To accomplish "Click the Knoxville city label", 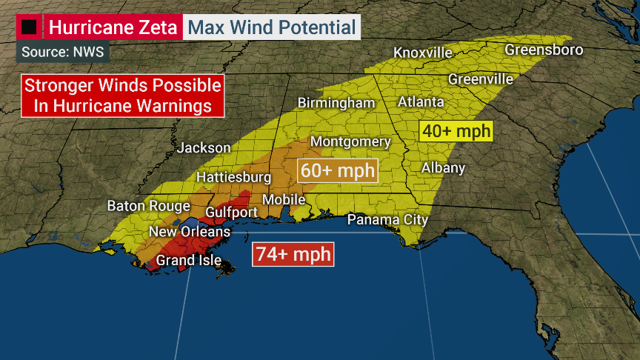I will pos(423,53).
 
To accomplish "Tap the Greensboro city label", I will pos(544,50).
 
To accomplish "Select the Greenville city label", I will pos(481,79).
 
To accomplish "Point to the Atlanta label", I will pos(421,101).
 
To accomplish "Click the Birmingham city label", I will pos(336,103).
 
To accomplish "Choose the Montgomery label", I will pos(350,141).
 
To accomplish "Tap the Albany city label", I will pos(443,167).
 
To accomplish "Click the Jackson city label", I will pos(204,148).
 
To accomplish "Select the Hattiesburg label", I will pos(233,178).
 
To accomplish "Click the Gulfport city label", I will pos(232,212).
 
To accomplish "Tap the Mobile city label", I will pos(284,199).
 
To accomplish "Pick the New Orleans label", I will pos(190,232).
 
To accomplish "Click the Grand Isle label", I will pos(188,260).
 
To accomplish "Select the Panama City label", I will pos(388,219).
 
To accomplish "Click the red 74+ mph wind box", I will pos(293,254).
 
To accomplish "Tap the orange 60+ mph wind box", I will pos(338,170).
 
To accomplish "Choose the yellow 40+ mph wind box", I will pos(456,131).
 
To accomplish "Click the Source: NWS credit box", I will pos(62,52).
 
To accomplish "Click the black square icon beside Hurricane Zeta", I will pos(30,28).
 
